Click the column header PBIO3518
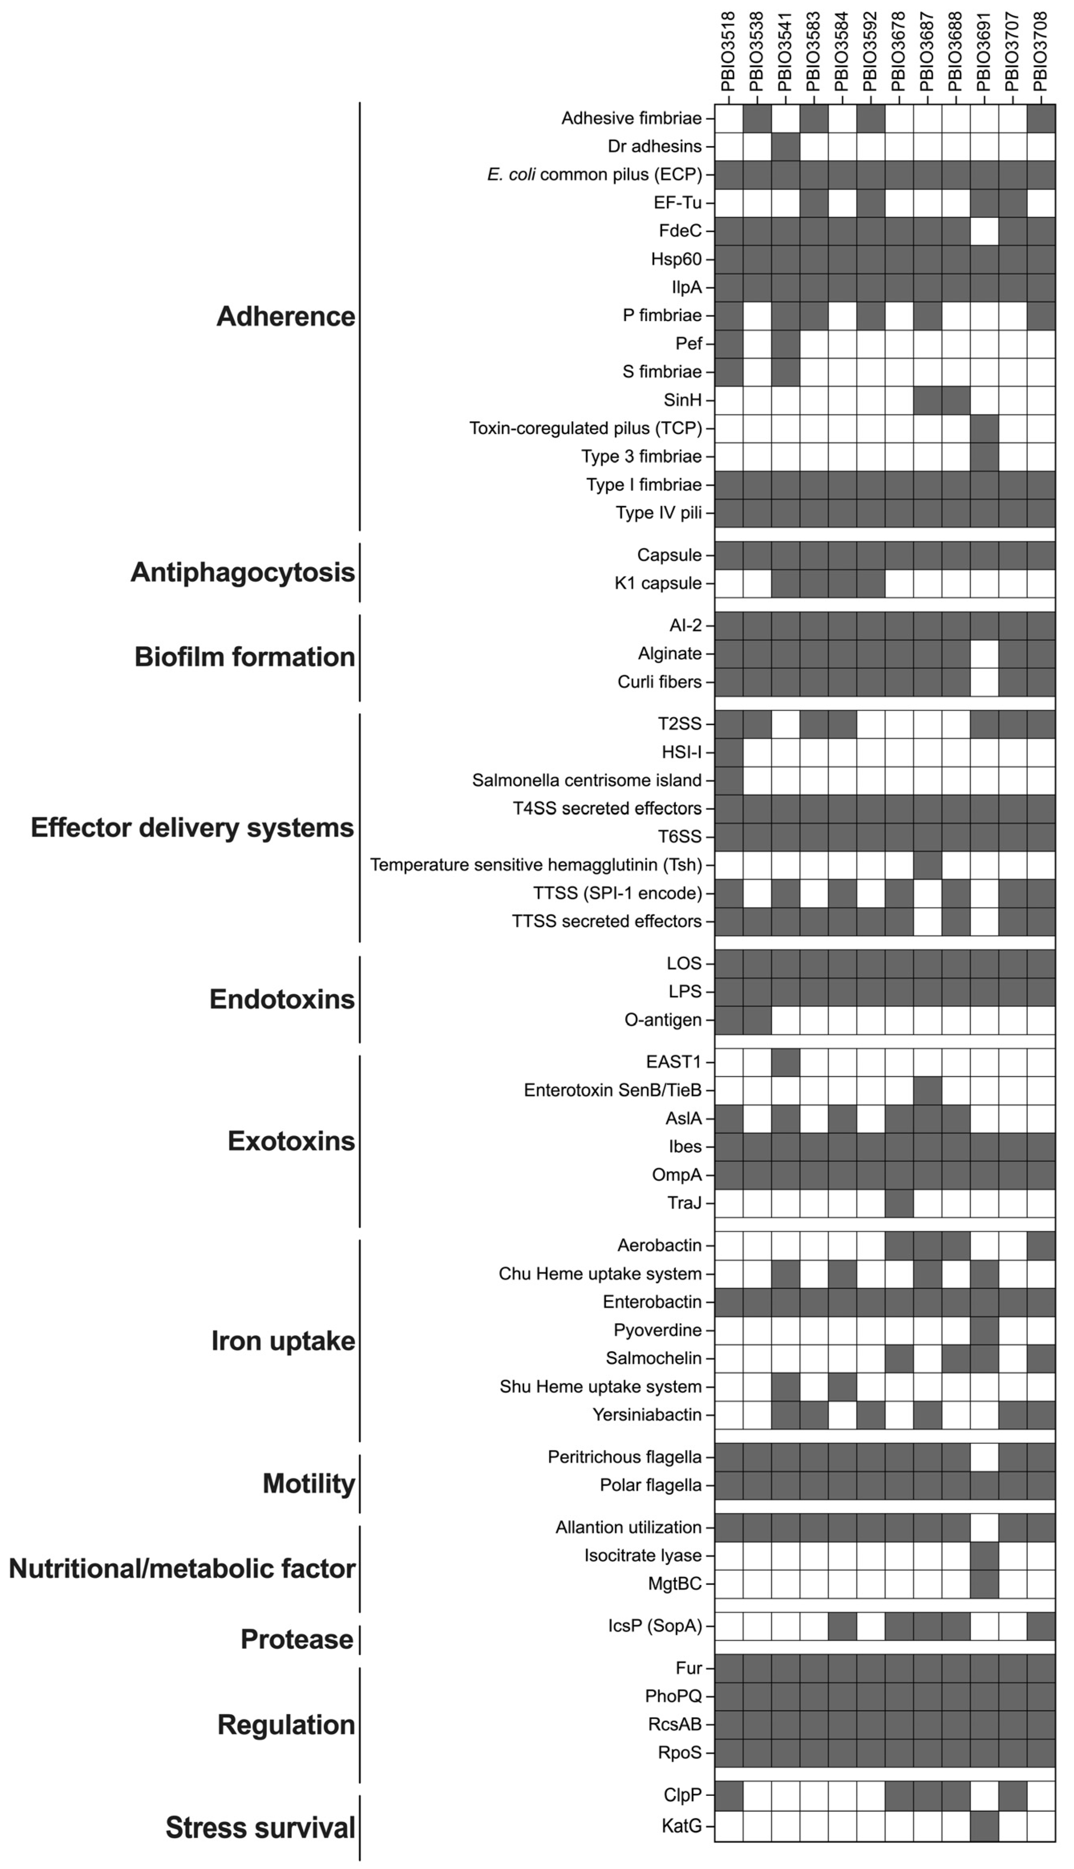click(x=728, y=52)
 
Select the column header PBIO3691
click(x=984, y=52)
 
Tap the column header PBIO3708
click(x=1041, y=52)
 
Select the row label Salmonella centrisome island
click(x=587, y=780)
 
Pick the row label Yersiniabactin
click(x=647, y=1415)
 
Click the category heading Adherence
click(x=285, y=316)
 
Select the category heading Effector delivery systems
click(x=192, y=828)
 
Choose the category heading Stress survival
click(x=261, y=1828)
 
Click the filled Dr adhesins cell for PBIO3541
click(x=786, y=146)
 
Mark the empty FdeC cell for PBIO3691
click(x=984, y=231)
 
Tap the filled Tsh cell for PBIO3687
click(x=927, y=864)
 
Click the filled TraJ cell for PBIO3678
click(x=899, y=1203)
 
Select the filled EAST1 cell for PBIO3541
click(x=786, y=1062)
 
